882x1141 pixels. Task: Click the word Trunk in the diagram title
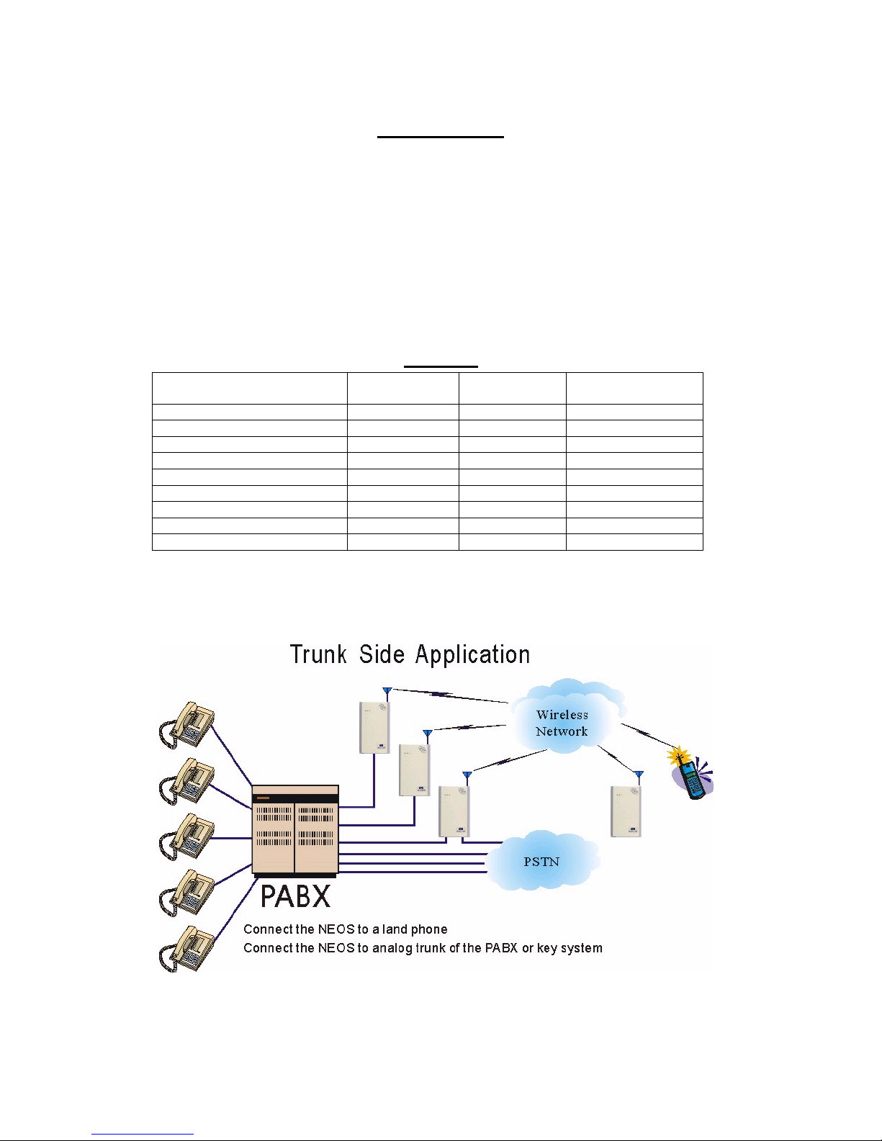[x=318, y=654]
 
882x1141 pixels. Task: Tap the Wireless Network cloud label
[x=562, y=723]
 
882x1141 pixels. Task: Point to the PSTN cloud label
[x=541, y=862]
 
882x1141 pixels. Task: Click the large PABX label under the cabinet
[x=295, y=896]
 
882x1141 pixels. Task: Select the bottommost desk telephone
[x=188, y=948]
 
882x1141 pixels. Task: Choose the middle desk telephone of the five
[x=188, y=836]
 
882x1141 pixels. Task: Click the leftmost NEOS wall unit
[x=374, y=728]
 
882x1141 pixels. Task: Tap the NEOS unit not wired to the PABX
[x=626, y=811]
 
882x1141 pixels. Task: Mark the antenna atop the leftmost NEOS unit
[x=387, y=694]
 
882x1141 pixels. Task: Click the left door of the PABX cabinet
[x=274, y=835]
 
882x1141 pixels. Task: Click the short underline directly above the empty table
[x=441, y=366]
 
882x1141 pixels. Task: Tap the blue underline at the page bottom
[x=143, y=1135]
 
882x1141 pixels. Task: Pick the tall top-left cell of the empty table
[x=249, y=388]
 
